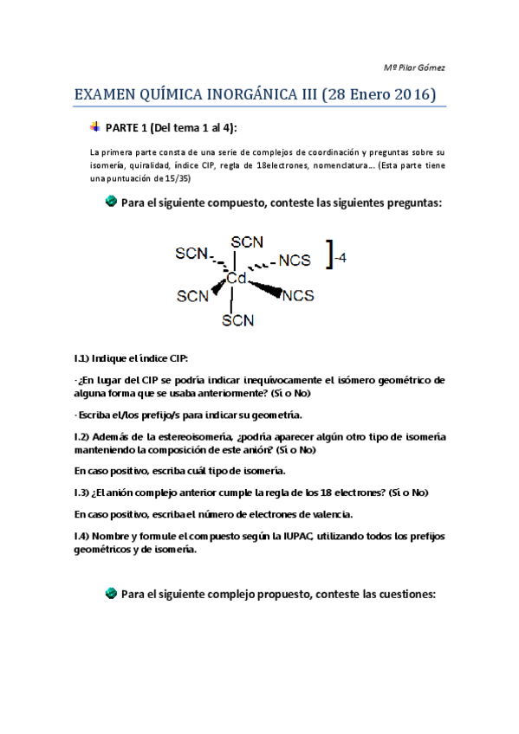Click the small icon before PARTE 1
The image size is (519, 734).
click(94, 127)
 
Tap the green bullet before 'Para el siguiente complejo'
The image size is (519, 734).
click(111, 595)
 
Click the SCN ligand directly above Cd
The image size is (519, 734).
click(247, 241)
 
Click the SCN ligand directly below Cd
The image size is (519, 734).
click(237, 320)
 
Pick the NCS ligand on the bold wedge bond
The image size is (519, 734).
click(298, 295)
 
